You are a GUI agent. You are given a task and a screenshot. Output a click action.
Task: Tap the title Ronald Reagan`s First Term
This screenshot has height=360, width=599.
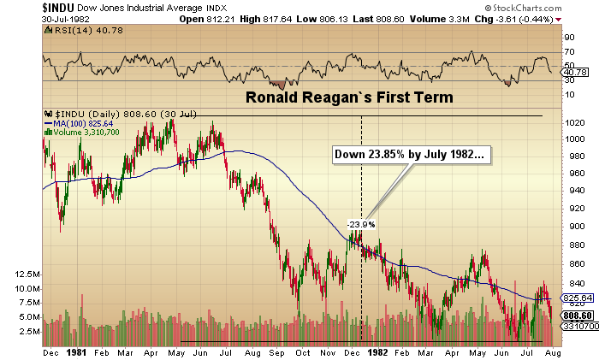coord(349,97)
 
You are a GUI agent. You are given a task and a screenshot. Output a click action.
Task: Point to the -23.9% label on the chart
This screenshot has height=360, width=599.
coord(361,224)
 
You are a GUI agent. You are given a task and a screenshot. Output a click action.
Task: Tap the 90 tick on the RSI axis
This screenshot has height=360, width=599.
coord(565,38)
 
